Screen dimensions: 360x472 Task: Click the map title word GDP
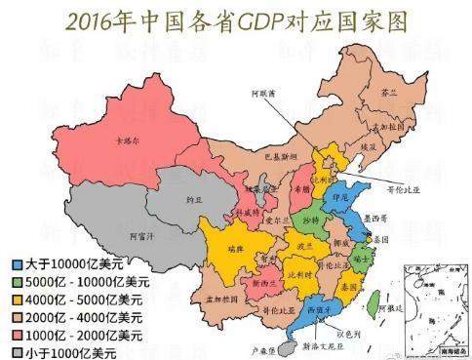point(263,19)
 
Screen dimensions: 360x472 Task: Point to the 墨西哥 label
point(375,216)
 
